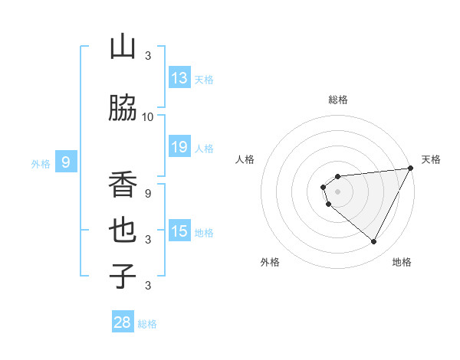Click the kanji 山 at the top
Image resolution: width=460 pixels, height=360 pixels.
[x=123, y=47]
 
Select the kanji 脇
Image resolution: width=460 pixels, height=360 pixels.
[x=123, y=108]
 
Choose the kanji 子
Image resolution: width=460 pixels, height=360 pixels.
[x=123, y=275]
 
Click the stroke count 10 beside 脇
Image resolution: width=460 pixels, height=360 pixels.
[x=147, y=116]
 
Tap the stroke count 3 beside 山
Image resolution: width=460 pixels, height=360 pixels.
[x=147, y=55]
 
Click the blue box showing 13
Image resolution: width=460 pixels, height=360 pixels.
[x=179, y=78]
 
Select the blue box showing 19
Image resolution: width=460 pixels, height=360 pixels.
[x=179, y=147]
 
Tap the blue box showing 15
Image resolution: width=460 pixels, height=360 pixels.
[x=179, y=231]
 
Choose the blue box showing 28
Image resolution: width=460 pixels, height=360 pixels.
[x=123, y=322]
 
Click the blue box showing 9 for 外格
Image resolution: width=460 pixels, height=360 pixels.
[x=66, y=162]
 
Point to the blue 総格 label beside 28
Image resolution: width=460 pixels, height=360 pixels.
[x=147, y=324]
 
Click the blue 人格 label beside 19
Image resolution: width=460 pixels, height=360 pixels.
[x=204, y=148]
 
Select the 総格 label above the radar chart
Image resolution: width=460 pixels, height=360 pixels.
[x=337, y=100]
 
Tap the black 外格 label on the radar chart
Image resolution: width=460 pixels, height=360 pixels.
[x=270, y=262]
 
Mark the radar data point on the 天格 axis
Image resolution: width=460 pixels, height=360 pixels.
[x=410, y=168]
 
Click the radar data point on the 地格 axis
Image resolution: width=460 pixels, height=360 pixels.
[x=373, y=241]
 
